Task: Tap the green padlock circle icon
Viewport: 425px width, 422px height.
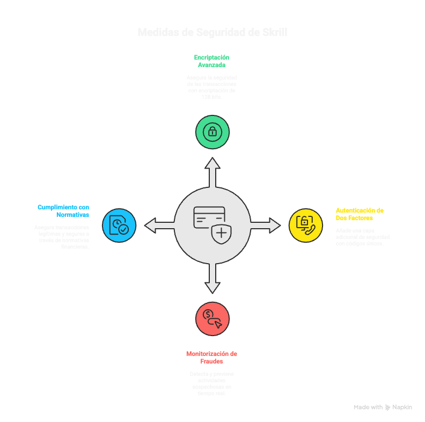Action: click(213, 132)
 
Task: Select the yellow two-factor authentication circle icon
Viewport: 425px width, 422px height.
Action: click(306, 225)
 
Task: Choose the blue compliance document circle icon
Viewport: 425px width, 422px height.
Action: click(119, 225)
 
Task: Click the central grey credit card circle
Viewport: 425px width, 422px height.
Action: click(213, 225)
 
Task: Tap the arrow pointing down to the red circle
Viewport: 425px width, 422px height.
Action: click(213, 279)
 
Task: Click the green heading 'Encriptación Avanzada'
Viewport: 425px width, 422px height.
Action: click(212, 61)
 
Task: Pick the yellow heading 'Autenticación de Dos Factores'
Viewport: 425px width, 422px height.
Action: click(360, 214)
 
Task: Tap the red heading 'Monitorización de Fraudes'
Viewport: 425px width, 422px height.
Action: click(212, 358)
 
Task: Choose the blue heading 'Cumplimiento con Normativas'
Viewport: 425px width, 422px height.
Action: click(63, 210)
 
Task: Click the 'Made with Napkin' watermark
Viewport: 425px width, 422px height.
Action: click(383, 408)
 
